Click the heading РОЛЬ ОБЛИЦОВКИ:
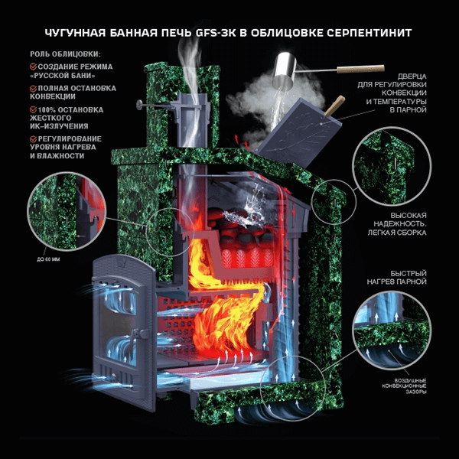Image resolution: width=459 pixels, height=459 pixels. click(x=65, y=54)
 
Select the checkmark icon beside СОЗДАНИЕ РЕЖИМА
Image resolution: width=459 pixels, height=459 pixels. click(x=34, y=67)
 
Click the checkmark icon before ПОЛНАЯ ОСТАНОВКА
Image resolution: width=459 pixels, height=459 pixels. click(x=34, y=88)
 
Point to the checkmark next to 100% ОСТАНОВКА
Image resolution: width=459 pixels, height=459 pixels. click(x=34, y=109)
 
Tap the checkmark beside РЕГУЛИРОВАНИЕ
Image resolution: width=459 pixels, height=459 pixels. click(x=34, y=138)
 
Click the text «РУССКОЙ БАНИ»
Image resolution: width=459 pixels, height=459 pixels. click(x=63, y=76)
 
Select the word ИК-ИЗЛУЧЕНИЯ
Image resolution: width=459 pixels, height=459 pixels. click(x=59, y=126)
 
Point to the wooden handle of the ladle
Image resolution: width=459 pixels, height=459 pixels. click(x=360, y=69)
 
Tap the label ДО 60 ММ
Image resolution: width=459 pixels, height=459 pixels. click(x=48, y=259)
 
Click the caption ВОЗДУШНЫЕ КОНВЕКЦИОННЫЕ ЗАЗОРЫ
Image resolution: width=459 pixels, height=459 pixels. click(x=404, y=386)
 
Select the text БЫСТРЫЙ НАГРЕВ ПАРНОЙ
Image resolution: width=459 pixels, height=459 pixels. click(x=396, y=278)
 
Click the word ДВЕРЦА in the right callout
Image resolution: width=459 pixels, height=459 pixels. click(x=412, y=76)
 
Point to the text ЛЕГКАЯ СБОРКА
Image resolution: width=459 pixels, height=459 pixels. click(x=397, y=233)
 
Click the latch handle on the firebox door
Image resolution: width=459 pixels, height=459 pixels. click(x=141, y=334)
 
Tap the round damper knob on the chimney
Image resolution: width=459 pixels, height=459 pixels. click(x=138, y=103)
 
